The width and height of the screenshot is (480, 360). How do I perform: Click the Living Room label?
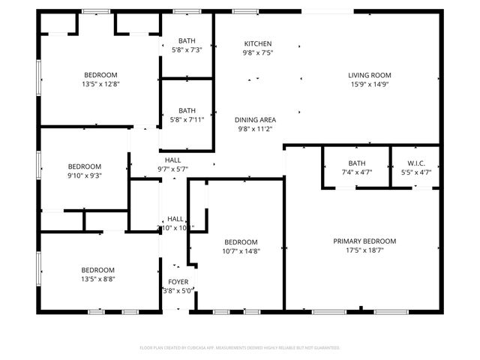click(x=369, y=75)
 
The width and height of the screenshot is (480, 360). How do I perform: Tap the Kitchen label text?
click(x=257, y=44)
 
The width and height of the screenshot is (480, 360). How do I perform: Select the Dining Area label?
click(x=256, y=120)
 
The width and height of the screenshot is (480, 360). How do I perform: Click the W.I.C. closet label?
click(x=416, y=163)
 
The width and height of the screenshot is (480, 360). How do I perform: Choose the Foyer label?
click(x=178, y=282)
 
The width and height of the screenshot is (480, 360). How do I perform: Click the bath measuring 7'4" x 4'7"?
click(x=356, y=168)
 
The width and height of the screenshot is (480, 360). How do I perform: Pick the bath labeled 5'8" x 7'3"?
click(x=187, y=45)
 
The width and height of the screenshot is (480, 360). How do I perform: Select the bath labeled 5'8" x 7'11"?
click(x=187, y=115)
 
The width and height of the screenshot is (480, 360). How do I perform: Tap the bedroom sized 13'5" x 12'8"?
click(x=100, y=79)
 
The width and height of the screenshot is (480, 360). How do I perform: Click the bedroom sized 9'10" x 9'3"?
click(x=84, y=171)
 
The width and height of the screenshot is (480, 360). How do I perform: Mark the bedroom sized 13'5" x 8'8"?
click(x=97, y=274)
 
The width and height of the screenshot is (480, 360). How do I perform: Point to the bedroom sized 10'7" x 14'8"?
click(x=241, y=247)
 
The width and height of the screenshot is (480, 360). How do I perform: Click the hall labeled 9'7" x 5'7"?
click(x=172, y=164)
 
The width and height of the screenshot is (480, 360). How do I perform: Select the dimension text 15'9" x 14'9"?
click(x=369, y=84)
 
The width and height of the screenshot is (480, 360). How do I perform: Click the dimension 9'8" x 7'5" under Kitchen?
click(x=257, y=53)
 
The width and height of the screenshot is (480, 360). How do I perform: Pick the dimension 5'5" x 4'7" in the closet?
click(x=416, y=172)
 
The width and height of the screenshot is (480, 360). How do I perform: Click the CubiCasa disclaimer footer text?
click(x=240, y=348)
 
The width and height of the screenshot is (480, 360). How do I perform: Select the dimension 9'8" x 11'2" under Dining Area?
click(x=256, y=129)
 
